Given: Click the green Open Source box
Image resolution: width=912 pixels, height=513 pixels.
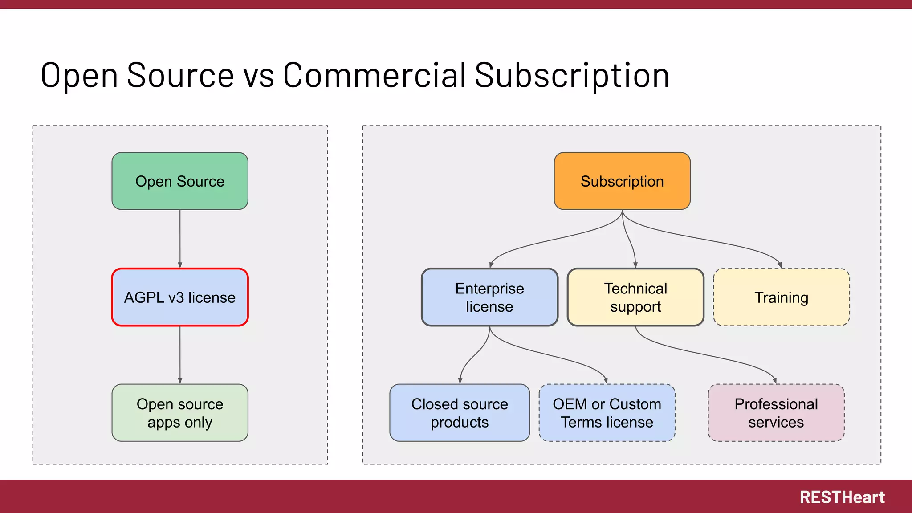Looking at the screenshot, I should click(x=180, y=181).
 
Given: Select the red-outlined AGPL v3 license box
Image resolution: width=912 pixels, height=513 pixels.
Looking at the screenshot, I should click(x=180, y=297).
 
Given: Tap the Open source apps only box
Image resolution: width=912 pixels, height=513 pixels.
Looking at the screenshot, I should click(x=180, y=413).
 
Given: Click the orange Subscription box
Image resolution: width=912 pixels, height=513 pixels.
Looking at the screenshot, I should click(x=622, y=181).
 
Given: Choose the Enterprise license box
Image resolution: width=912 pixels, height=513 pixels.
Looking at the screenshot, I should click(x=489, y=297).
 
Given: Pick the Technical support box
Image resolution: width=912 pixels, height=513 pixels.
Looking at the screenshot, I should click(x=635, y=297).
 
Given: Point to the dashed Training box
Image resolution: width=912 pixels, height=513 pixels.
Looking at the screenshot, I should click(x=782, y=297).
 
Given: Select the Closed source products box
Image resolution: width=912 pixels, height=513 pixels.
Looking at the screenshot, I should click(x=460, y=413).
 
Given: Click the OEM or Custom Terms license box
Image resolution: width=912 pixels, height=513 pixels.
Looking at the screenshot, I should click(x=607, y=413).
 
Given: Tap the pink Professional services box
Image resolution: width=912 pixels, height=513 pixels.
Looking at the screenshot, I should click(x=776, y=413).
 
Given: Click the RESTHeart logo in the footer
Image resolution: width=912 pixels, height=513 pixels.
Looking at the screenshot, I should click(x=842, y=497).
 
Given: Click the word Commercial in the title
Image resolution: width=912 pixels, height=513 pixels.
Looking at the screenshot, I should click(x=375, y=75).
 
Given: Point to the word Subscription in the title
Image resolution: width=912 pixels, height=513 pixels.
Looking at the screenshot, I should click(x=572, y=75).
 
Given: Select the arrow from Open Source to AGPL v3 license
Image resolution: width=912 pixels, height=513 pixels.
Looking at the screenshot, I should click(x=180, y=238).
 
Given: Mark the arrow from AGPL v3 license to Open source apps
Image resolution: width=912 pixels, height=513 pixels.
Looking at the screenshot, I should click(x=180, y=354).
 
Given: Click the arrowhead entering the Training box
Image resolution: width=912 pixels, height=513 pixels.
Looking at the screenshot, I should click(x=780, y=265).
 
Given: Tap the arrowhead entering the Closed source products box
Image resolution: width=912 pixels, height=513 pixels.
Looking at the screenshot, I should click(x=460, y=381).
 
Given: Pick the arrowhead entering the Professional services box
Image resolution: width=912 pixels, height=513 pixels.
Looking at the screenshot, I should click(x=775, y=381).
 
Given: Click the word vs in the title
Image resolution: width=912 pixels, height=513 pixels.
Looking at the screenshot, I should click(x=259, y=75).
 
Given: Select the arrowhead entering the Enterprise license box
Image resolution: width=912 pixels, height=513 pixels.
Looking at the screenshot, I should click(x=491, y=265).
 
